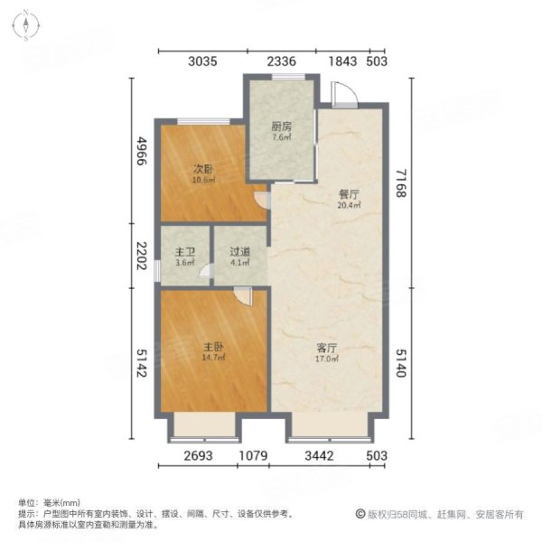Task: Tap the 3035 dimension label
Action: click(203, 61)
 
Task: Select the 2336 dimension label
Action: click(281, 61)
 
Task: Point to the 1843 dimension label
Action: click(342, 61)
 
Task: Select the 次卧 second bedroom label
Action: click(203, 170)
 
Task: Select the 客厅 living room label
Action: click(327, 348)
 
